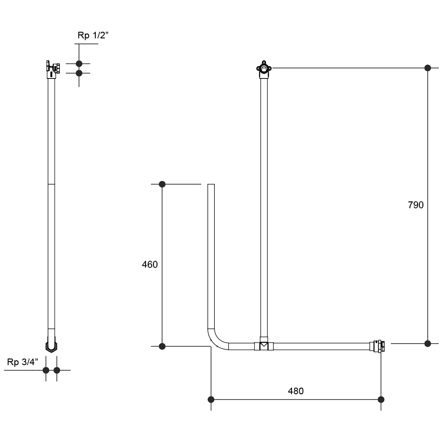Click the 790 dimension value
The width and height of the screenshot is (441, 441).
[416, 205]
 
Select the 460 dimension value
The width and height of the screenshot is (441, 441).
[149, 265]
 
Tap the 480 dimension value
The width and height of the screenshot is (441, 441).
[295, 391]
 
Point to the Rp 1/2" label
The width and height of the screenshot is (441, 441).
[93, 35]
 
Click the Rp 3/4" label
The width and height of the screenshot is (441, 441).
[22, 362]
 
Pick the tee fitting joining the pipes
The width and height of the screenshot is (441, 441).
[264, 345]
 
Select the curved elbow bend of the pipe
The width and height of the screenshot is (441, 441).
[216, 341]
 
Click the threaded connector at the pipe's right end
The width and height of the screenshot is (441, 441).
[377, 346]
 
